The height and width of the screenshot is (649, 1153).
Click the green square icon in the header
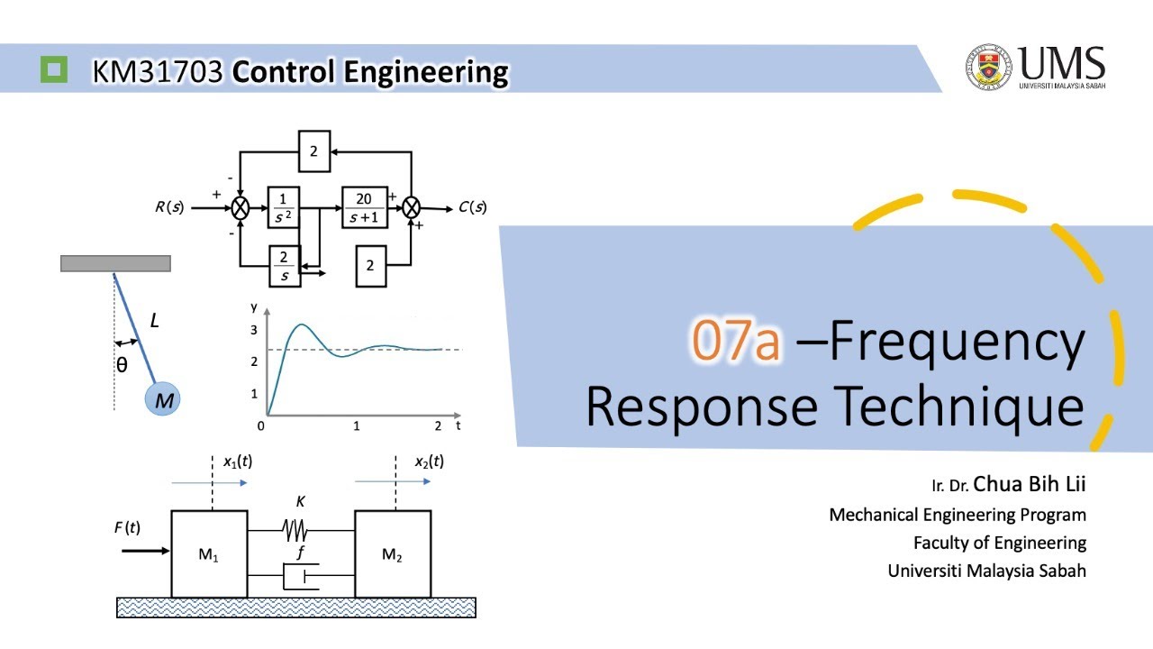point(54,69)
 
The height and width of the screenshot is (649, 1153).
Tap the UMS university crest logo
point(989,68)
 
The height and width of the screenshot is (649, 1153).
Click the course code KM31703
point(158,71)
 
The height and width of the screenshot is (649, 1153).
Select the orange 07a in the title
point(736,343)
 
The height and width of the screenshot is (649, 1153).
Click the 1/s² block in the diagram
point(283,206)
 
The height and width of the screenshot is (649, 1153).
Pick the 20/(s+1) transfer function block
point(364,206)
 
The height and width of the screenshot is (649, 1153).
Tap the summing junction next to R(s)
point(241,207)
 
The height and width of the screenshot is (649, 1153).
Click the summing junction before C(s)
point(412,207)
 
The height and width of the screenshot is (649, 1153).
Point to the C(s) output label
point(472,207)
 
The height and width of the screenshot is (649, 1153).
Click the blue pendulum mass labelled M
point(163,399)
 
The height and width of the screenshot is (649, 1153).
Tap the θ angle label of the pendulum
point(122,364)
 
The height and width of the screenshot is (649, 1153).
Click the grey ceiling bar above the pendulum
point(115,263)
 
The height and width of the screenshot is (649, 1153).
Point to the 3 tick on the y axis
point(254,330)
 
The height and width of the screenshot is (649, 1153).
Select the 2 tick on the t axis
point(439,425)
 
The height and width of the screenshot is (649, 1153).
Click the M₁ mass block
point(209,554)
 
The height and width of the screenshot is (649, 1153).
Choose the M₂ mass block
point(392,554)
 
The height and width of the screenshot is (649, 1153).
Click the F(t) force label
point(127,527)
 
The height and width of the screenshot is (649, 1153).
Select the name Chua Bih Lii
point(1030,484)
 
